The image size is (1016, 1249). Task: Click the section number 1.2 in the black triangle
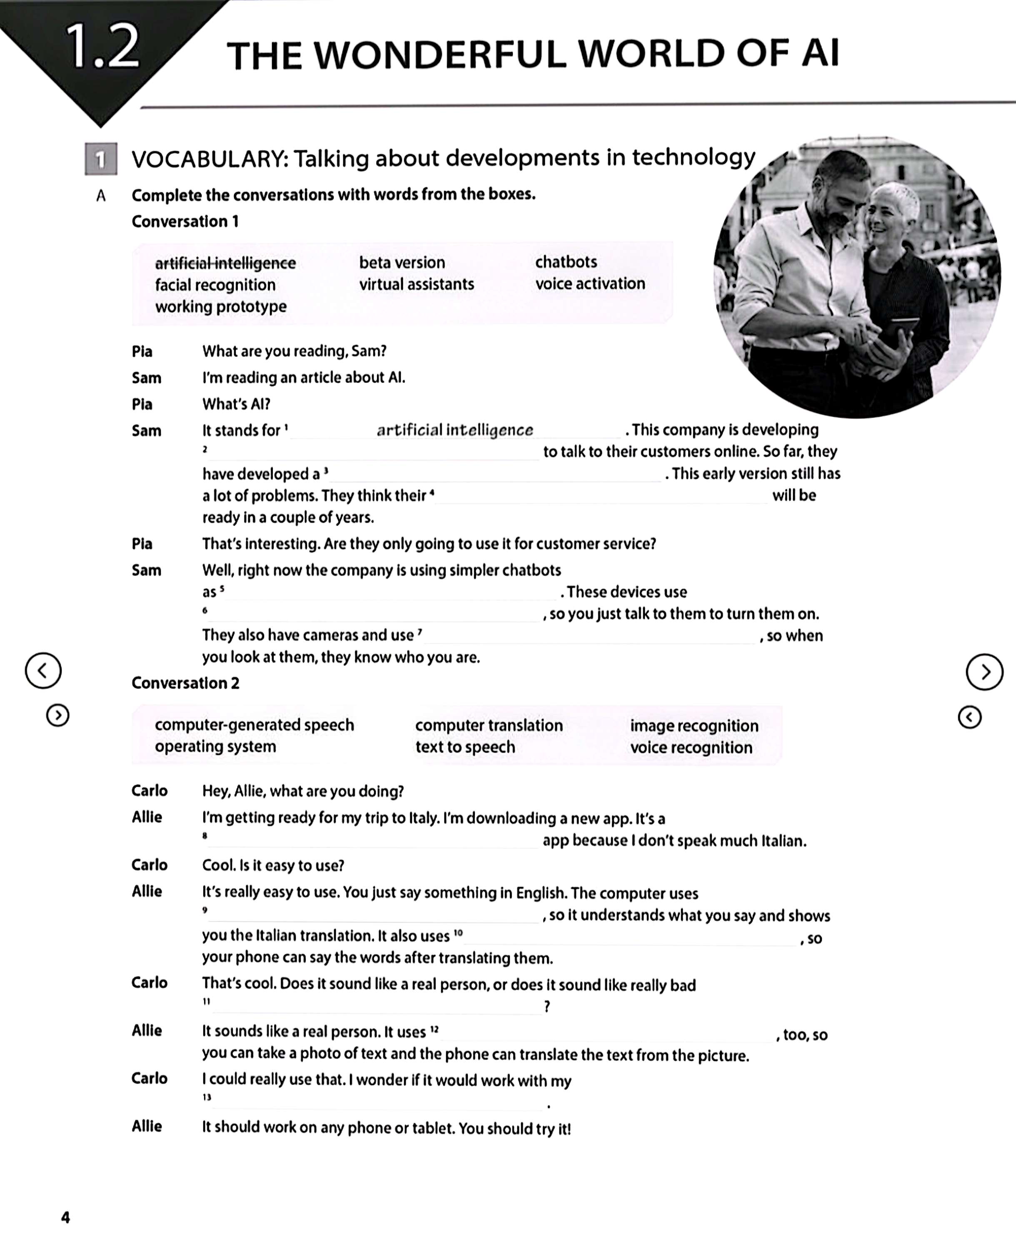[x=103, y=47]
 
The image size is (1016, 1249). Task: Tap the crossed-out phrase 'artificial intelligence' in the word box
[x=225, y=263]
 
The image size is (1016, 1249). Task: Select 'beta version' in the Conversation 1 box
[x=402, y=262]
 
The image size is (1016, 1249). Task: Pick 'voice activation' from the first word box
[x=590, y=284]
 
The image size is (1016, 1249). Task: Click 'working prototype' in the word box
[x=221, y=306]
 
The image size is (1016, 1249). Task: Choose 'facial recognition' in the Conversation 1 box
[x=215, y=285]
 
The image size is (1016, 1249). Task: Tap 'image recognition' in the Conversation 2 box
[x=694, y=726]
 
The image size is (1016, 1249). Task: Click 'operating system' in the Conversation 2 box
[x=215, y=746]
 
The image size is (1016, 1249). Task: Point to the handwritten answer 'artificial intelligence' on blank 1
[x=455, y=430]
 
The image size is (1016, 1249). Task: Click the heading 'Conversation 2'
[x=185, y=683]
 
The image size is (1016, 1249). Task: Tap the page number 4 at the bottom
[x=65, y=1217]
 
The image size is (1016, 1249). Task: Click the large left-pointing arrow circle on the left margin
[x=43, y=670]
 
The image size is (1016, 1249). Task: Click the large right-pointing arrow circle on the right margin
[x=984, y=672]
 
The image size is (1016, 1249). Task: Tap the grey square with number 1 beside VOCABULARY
[x=101, y=159]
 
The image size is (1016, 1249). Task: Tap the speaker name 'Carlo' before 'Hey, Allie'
[x=149, y=791]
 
